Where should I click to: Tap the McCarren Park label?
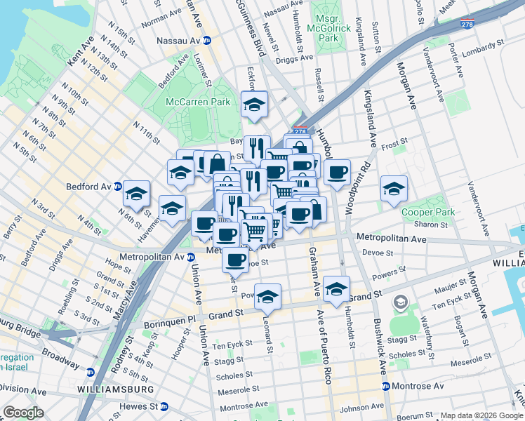(x=198, y=102)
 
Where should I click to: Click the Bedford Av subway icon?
(x=118, y=187)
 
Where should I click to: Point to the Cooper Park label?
(x=428, y=212)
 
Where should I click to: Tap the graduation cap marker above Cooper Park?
(x=394, y=188)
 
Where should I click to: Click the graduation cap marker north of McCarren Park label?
(x=253, y=105)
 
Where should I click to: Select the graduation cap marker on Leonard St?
(x=267, y=297)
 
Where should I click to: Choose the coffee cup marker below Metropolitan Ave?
(x=235, y=260)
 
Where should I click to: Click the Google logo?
(x=23, y=413)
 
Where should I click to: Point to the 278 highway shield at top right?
(x=467, y=24)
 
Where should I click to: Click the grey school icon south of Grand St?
(x=400, y=302)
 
